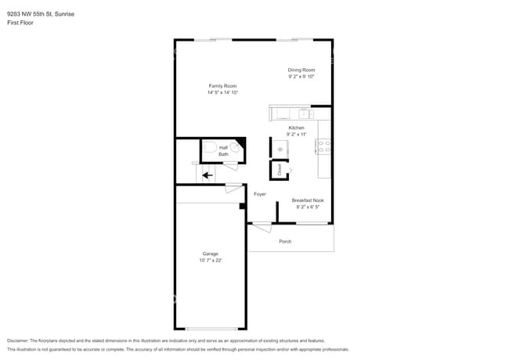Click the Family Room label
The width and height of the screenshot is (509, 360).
tap(222, 86)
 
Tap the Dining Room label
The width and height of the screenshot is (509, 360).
tap(301, 70)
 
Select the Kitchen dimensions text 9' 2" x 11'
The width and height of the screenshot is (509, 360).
tap(296, 135)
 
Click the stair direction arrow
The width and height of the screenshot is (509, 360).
tap(208, 175)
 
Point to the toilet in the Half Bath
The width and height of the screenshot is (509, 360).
tap(209, 147)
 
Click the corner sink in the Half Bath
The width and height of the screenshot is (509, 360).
tap(236, 147)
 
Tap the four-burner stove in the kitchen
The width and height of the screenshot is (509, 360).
tap(323, 146)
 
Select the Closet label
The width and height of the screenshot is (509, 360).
tap(280, 170)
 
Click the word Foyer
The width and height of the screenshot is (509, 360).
tap(260, 194)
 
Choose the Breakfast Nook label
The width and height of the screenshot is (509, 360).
tap(308, 200)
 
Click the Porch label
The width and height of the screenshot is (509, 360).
tap(285, 241)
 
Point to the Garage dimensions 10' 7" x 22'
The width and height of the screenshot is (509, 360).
tap(211, 260)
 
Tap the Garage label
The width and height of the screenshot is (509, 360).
tap(211, 254)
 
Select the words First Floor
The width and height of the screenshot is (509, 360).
tap(20, 23)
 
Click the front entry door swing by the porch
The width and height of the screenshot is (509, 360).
tap(262, 228)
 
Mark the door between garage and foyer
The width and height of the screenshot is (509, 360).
tap(234, 188)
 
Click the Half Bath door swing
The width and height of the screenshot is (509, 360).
tap(231, 167)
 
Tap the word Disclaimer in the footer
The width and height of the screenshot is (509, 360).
tap(17, 340)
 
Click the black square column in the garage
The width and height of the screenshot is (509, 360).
tap(242, 206)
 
